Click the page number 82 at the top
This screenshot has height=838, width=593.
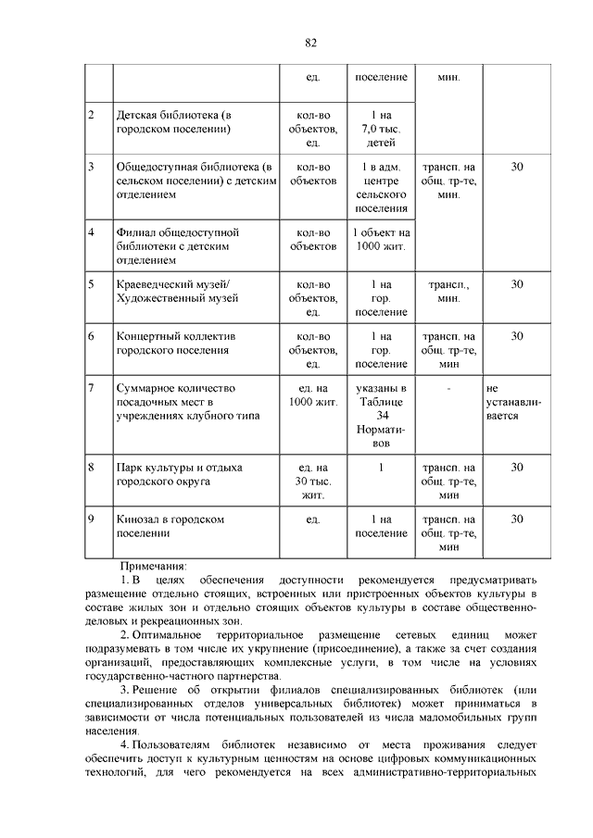coord(310,43)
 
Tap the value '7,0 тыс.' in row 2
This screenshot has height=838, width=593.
coord(380,129)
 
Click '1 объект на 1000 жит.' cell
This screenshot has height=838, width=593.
coord(381,240)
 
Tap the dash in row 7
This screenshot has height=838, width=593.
coord(448,388)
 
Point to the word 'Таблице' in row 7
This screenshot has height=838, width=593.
coord(381,401)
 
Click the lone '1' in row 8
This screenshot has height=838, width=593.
coord(381,468)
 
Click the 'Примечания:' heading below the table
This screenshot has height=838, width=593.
coord(153,566)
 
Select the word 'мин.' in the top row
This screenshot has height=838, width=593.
coord(448,76)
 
